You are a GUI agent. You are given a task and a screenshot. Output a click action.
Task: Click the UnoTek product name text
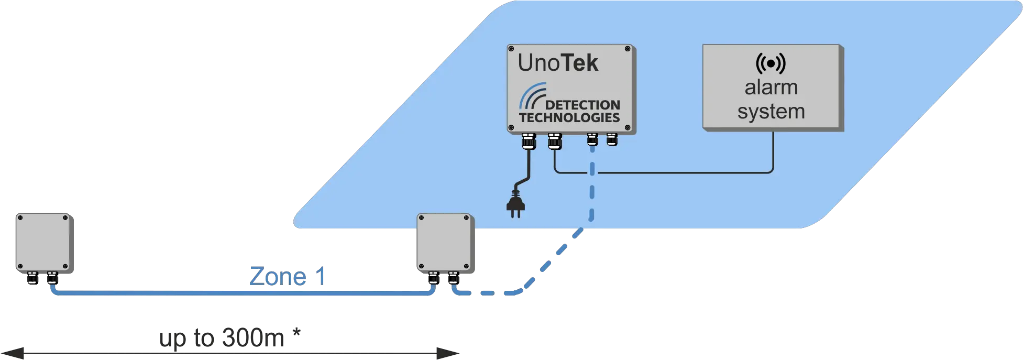[558, 63]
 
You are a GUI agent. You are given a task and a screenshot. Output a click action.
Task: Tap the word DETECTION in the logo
[582, 105]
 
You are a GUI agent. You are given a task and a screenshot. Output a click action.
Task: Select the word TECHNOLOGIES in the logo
[570, 117]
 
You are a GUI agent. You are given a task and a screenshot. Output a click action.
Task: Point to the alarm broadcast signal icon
[771, 63]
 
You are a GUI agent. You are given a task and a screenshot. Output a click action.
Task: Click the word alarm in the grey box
[771, 88]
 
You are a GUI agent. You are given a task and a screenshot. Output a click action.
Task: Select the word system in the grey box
[771, 112]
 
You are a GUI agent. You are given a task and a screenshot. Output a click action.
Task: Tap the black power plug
[516, 206]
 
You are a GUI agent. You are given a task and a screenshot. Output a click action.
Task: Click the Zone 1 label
[288, 276]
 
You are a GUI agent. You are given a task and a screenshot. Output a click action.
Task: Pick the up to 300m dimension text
[223, 339]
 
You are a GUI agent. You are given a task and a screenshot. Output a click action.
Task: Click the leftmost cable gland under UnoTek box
[528, 141]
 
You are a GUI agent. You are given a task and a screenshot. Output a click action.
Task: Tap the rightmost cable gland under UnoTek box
[612, 140]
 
